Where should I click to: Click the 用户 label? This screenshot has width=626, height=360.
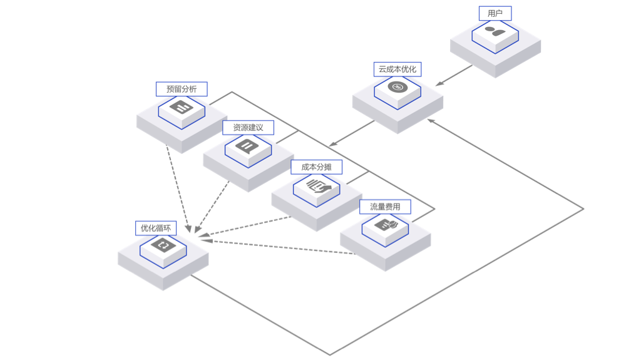click(x=495, y=14)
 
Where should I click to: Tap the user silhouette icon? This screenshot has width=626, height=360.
click(x=495, y=31)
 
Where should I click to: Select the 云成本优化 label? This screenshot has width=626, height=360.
click(x=398, y=69)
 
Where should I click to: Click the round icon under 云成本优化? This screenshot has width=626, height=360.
click(x=397, y=87)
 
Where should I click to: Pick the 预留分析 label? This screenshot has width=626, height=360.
click(x=182, y=90)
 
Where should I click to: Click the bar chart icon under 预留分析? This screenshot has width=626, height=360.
click(x=181, y=107)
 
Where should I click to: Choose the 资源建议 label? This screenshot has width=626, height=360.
click(x=249, y=128)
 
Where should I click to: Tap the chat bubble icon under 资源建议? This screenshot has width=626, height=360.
click(x=248, y=147)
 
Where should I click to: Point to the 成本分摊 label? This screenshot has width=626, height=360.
click(x=317, y=167)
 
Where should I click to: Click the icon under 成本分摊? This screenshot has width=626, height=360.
click(x=317, y=185)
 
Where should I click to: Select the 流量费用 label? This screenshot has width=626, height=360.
click(x=385, y=207)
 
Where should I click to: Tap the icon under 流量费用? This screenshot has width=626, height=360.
click(x=385, y=224)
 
